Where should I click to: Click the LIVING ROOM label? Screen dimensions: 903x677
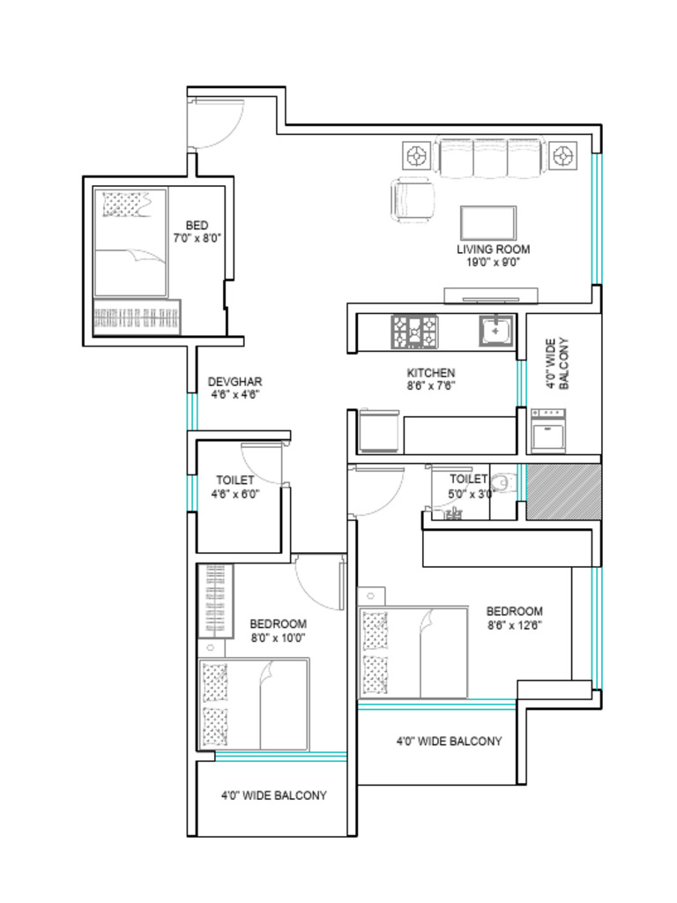click(x=493, y=250)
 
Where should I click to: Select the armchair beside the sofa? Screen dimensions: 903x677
click(x=413, y=200)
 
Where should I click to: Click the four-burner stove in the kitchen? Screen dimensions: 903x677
click(x=413, y=332)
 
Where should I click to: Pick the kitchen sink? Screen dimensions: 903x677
click(x=496, y=331)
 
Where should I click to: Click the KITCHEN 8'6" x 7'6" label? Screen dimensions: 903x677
click(x=430, y=378)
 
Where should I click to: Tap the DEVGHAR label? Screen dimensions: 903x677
click(x=234, y=382)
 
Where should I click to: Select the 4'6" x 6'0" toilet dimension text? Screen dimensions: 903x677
click(x=234, y=495)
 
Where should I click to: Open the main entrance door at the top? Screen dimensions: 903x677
click(x=215, y=123)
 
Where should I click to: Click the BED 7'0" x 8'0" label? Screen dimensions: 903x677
click(x=197, y=231)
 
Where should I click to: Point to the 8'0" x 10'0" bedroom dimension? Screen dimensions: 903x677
click(x=278, y=638)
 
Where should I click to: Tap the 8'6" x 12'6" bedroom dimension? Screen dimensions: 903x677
click(x=514, y=625)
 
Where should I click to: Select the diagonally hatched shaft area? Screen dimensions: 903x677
click(x=563, y=492)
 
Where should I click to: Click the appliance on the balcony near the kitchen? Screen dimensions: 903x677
click(x=547, y=431)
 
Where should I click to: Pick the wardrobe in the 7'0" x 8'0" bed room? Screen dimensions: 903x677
click(x=137, y=317)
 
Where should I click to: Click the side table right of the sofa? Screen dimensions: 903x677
click(x=561, y=157)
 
